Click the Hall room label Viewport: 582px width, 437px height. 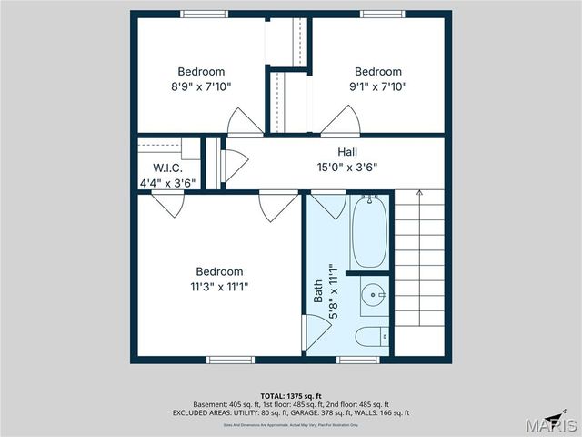pos(347,152)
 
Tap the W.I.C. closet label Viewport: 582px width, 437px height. pos(167,168)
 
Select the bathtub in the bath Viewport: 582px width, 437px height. pos(369,233)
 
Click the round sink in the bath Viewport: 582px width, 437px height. pos(372,296)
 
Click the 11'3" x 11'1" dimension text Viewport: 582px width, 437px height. pos(219,286)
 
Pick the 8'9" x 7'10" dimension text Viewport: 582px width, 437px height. pos(201,86)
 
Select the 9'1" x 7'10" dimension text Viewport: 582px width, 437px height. pos(377,86)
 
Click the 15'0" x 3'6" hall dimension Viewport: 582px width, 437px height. pos(347,168)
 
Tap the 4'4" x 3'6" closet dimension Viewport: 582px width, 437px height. pos(167,183)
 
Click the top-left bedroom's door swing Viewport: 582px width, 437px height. pos(245,122)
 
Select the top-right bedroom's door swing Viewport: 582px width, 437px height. pos(340,121)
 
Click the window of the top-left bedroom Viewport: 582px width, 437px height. pos(204,14)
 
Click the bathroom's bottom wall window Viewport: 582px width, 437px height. pos(357,360)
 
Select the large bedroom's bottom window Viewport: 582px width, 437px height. pos(230,360)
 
